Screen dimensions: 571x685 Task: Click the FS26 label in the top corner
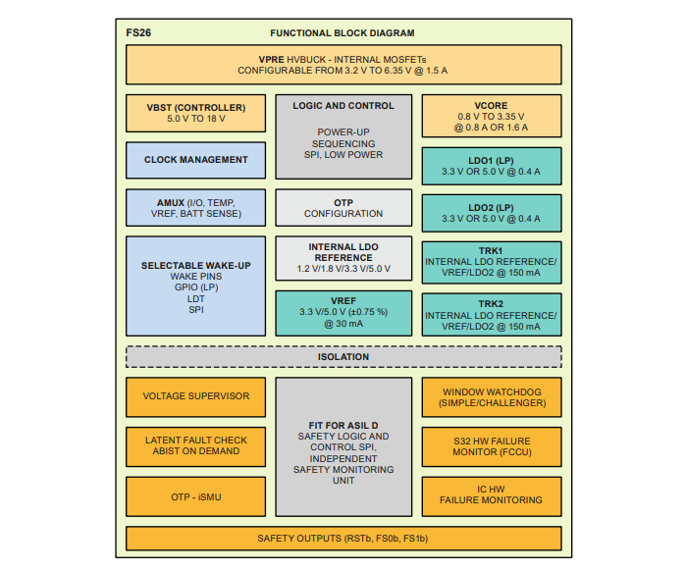138,32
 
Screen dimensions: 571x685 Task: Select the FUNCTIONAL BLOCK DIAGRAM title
342,32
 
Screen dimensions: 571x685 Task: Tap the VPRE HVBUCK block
342,65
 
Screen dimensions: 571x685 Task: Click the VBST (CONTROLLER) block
195,113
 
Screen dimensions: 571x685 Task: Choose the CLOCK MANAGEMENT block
195,160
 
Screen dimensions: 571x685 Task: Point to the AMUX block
195,207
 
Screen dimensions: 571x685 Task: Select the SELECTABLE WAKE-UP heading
195,265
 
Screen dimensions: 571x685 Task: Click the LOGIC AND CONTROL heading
343,106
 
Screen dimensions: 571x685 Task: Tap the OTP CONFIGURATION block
343,208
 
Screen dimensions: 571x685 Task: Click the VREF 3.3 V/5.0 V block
343,311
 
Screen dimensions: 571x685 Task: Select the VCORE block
492,115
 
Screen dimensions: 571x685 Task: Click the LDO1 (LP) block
492,165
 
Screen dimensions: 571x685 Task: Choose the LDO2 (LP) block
492,212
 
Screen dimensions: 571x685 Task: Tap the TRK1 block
492,262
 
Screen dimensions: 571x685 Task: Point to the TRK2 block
492,315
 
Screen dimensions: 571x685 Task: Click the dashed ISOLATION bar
343,357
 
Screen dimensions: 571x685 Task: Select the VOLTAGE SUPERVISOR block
195,396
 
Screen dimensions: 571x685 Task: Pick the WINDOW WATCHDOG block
492,397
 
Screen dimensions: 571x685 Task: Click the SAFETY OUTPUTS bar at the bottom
343,539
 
